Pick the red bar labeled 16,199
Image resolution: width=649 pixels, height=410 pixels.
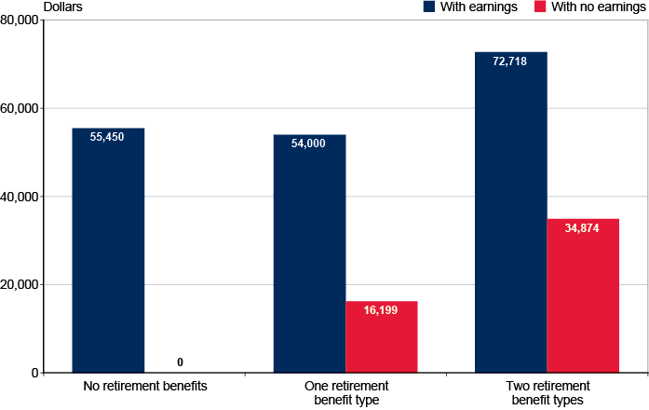381,336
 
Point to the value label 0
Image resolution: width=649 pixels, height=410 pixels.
180,362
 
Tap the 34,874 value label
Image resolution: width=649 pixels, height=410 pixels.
583,227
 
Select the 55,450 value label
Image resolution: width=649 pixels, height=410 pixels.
108,136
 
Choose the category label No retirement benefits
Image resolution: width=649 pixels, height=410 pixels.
144,386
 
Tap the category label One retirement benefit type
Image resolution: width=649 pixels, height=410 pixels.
345,392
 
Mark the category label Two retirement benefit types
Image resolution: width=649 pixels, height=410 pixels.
548,392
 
